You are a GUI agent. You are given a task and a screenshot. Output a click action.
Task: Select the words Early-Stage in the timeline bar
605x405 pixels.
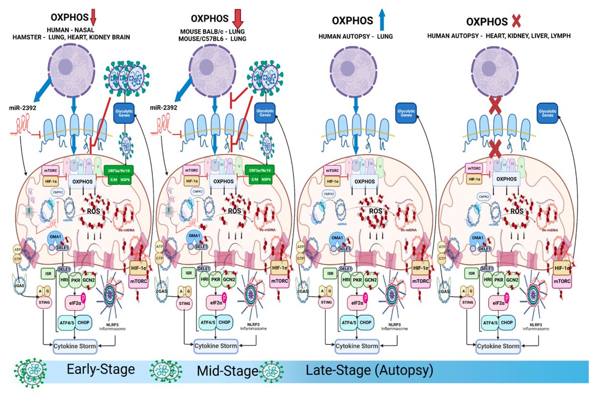(100, 369)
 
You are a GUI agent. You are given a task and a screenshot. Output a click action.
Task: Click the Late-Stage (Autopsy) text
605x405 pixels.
(370, 371)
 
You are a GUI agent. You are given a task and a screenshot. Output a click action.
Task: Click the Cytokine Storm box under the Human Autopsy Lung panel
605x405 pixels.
(357, 346)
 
